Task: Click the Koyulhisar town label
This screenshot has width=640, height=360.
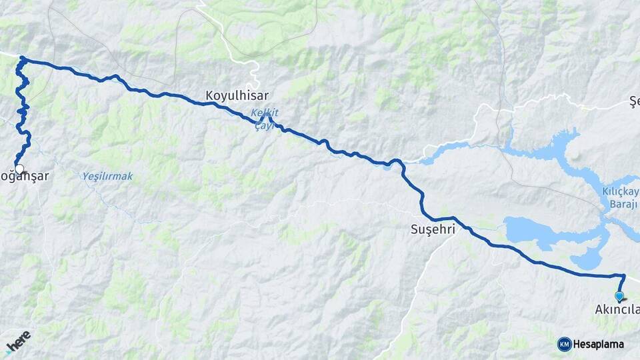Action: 237,95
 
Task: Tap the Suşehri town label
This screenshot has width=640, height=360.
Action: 431,229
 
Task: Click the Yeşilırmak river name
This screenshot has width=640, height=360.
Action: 107,177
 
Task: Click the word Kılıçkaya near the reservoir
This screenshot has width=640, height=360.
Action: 619,193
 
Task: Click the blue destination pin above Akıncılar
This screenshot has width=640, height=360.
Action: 619,297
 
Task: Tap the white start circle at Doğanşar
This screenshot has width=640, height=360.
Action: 19,169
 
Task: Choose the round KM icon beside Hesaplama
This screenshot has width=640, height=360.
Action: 564,344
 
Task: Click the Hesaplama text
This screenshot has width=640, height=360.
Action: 598,344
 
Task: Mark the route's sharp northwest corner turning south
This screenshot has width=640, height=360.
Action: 22,59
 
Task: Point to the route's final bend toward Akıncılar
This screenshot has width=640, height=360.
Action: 624,275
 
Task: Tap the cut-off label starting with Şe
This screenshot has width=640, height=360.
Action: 634,101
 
